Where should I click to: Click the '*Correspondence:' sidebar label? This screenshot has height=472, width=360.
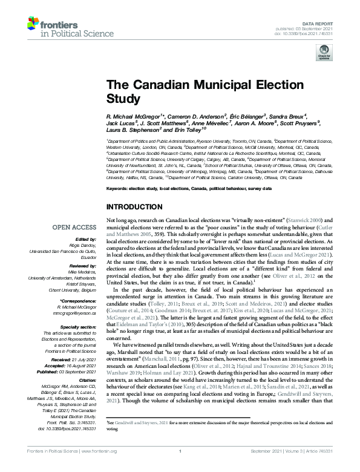[x=78, y=284]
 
